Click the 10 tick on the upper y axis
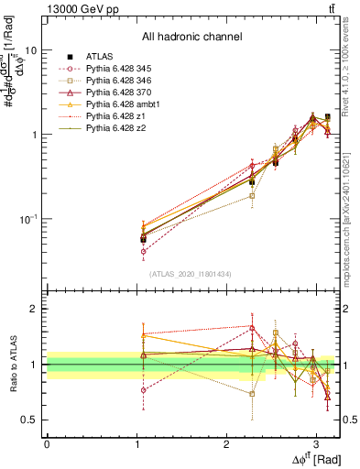pos(30,50)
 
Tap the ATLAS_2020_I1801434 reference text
pos(191,273)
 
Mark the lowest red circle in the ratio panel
pos(143,390)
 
